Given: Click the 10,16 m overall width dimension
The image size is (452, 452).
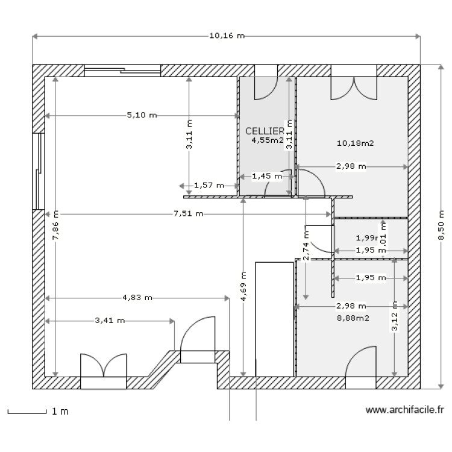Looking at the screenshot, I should click(x=227, y=36).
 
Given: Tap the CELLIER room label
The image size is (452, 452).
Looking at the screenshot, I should click(x=264, y=131).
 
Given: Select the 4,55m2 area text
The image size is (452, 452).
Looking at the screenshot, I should click(x=268, y=140).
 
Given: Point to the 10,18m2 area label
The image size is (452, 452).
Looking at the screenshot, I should click(x=356, y=143).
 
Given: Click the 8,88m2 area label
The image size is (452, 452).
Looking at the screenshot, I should click(x=353, y=318).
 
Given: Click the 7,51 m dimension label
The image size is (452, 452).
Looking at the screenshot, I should click(x=189, y=213).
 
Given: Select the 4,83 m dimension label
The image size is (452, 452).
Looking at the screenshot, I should click(x=137, y=297).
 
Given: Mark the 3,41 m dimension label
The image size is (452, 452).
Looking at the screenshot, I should click(x=110, y=321).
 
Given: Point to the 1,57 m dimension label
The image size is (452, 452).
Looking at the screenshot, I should click(x=209, y=186).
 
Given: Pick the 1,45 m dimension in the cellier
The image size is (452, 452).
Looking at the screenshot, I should click(x=266, y=177).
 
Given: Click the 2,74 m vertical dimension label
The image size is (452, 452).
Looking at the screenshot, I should click(x=306, y=246).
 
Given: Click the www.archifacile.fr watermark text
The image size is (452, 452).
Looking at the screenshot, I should click(x=404, y=410).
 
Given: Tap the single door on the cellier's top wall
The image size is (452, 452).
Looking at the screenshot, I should click(x=265, y=88).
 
